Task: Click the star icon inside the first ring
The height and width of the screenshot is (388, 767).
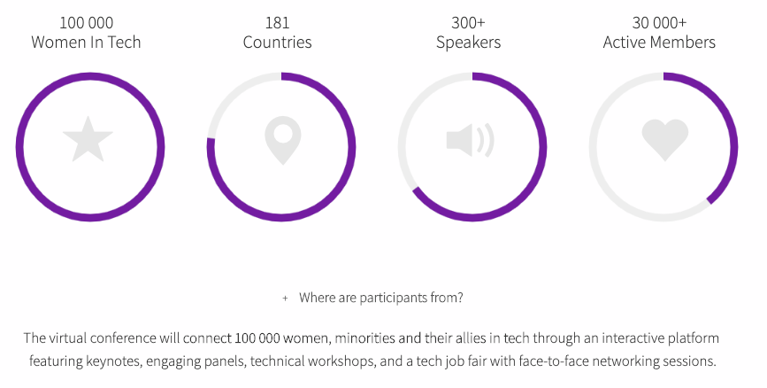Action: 88,139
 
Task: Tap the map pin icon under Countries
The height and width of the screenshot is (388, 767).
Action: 283,140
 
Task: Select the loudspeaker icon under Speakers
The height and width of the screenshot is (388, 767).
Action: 470,141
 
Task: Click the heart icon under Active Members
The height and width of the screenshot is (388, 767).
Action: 664,140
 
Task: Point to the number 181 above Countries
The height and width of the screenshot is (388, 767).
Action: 278,22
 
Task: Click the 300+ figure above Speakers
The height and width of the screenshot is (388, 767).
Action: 468,22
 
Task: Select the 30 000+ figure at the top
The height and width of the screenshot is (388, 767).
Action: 659,22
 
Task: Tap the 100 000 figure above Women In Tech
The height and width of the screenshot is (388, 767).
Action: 86,22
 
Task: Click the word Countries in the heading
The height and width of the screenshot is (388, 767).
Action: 278,43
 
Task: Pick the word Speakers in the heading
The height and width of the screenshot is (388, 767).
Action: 469,43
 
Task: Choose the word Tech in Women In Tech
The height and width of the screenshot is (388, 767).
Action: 124,43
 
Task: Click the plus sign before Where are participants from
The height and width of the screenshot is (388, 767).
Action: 285,298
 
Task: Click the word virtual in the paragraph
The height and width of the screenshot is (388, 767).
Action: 68,338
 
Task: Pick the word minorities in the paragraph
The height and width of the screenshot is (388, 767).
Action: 364,338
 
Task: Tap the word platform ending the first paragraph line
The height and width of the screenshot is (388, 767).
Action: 694,338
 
